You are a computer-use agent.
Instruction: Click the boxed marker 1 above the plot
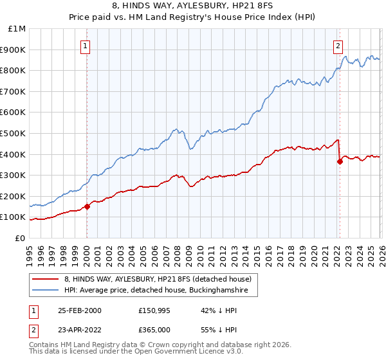(x=86, y=46)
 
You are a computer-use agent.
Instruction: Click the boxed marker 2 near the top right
(x=338, y=46)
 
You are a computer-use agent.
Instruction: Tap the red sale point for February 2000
(x=87, y=206)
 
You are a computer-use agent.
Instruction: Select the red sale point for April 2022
(x=340, y=162)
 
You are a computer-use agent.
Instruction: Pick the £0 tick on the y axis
(x=20, y=238)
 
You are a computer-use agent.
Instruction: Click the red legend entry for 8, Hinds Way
(x=161, y=279)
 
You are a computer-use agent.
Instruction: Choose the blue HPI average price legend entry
(x=160, y=291)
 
